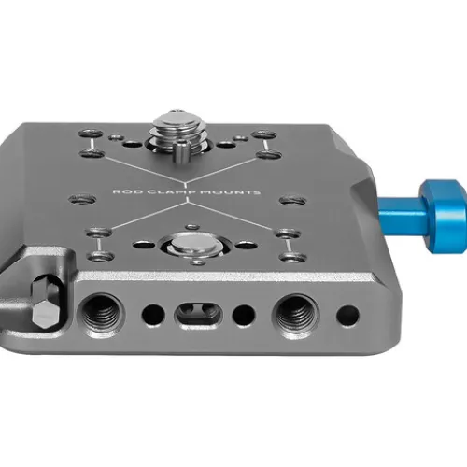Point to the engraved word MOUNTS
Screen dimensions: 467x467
pos(230,191)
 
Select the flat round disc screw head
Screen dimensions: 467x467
pos(193,244)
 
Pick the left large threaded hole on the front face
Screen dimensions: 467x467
pos(101,314)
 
